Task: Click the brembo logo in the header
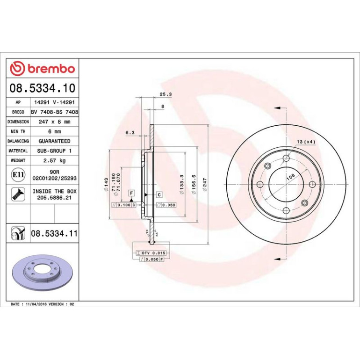click(43, 68)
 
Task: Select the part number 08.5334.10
click(43, 88)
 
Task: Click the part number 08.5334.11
click(54, 233)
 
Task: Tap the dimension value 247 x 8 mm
click(54, 122)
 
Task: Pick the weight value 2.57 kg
click(54, 160)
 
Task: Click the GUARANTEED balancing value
click(54, 141)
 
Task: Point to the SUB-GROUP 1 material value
click(54, 151)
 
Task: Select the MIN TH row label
click(18, 131)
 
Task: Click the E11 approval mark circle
click(18, 175)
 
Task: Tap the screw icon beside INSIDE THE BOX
click(18, 194)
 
